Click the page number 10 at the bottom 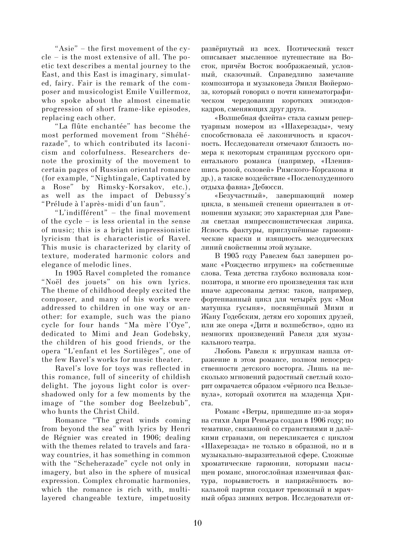pyautogui.click(x=198, y=523)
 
